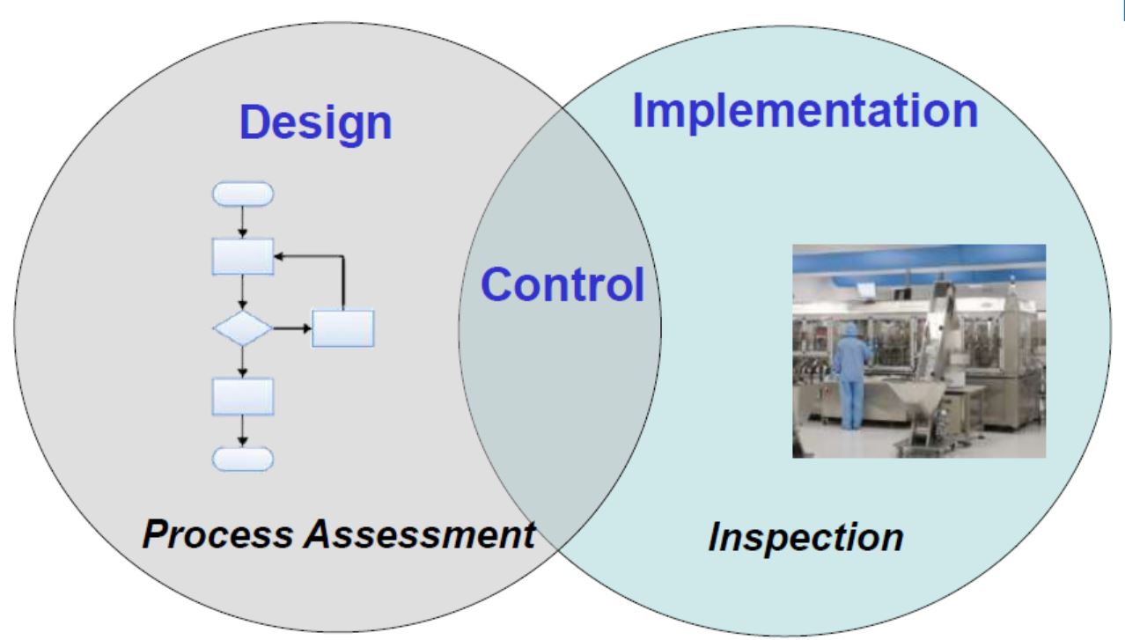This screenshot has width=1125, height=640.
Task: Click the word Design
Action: (315, 123)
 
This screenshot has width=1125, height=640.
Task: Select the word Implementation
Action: (805, 112)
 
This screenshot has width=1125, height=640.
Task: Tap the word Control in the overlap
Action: (562, 284)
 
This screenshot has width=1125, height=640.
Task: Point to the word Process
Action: (218, 533)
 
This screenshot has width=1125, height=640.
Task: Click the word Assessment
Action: (420, 533)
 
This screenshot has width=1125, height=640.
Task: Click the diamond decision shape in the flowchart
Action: (243, 328)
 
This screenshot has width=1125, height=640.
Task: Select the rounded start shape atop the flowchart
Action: (243, 194)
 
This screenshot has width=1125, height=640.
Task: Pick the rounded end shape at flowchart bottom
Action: (243, 460)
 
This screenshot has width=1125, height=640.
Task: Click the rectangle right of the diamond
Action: (343, 328)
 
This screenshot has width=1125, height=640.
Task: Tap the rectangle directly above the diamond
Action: (243, 257)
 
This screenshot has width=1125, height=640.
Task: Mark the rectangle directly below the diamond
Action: (243, 396)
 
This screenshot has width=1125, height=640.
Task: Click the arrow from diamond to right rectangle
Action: (292, 328)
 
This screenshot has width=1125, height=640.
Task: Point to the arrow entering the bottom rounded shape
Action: (243, 431)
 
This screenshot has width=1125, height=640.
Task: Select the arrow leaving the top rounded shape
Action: (243, 222)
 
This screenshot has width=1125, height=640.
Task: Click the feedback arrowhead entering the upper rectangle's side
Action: (279, 256)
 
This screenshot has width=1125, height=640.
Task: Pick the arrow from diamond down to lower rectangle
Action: (243, 362)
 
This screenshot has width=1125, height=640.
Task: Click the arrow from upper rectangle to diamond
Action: (243, 292)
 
